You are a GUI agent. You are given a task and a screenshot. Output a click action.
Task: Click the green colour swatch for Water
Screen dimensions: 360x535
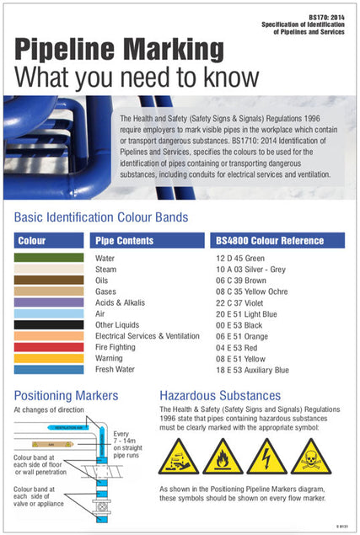click(x=49, y=258)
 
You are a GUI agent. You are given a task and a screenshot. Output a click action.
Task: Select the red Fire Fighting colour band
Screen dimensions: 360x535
click(x=49, y=347)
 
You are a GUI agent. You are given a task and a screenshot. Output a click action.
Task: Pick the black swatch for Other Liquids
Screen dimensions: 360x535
click(x=49, y=324)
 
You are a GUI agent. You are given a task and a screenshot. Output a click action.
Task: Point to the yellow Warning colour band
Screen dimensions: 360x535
click(x=49, y=358)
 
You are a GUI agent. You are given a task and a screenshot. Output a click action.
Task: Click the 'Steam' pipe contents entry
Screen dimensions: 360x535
click(x=105, y=269)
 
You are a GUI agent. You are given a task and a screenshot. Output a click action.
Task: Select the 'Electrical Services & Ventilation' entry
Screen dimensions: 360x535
click(x=148, y=335)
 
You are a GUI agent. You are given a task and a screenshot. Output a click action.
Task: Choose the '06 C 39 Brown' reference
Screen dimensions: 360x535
click(x=242, y=280)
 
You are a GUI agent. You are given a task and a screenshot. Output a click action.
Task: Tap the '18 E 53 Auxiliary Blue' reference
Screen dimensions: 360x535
click(x=252, y=369)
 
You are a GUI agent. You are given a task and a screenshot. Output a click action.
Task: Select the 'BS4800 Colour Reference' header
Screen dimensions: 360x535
click(x=269, y=240)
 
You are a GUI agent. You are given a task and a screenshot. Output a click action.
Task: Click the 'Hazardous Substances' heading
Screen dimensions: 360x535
click(x=220, y=395)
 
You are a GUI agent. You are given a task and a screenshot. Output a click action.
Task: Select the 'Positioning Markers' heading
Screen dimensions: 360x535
click(x=66, y=395)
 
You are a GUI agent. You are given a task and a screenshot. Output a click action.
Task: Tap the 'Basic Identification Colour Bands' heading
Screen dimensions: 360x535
click(x=101, y=217)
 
